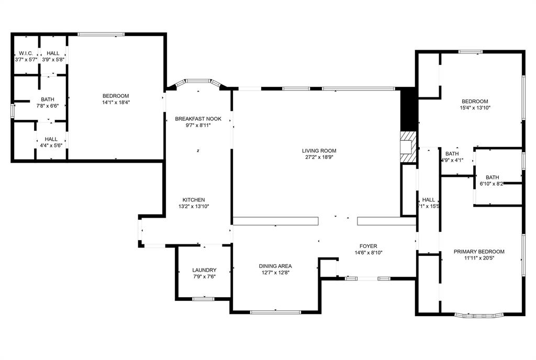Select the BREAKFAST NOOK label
click(198, 119)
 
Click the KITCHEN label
click(194, 200)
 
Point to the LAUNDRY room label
click(204, 270)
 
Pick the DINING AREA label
click(275, 266)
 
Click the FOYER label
click(368, 246)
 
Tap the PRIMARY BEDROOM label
click(479, 252)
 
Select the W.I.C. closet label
click(26, 53)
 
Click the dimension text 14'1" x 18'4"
click(116, 102)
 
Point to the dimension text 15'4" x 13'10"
click(475, 108)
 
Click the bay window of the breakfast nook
click(198, 82)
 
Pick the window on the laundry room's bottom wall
click(203, 299)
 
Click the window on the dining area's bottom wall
click(275, 312)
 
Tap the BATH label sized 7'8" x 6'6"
click(48, 99)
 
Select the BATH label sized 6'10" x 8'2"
click(492, 177)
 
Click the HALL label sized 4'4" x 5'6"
click(51, 139)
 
